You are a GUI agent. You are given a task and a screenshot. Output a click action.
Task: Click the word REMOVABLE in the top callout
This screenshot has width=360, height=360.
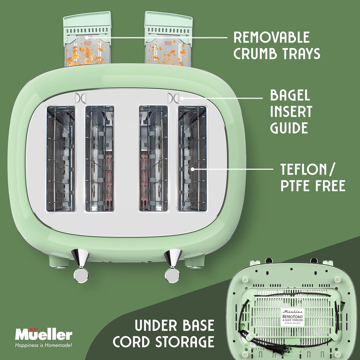(271, 37)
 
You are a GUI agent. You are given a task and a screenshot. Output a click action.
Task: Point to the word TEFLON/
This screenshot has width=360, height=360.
(308, 169)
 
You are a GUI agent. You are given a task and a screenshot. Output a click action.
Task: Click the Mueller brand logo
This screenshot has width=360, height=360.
(44, 335)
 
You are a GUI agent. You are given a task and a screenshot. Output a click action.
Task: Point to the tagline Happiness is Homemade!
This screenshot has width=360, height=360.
(43, 346)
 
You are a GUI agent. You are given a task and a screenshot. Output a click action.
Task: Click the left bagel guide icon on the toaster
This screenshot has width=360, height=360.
(79, 98)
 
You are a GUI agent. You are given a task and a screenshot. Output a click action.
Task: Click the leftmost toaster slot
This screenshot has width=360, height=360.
(60, 158)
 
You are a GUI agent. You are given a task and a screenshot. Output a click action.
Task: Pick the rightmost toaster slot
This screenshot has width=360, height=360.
(192, 158)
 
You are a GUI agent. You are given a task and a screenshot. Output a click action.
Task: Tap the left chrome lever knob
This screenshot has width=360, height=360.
(81, 275)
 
